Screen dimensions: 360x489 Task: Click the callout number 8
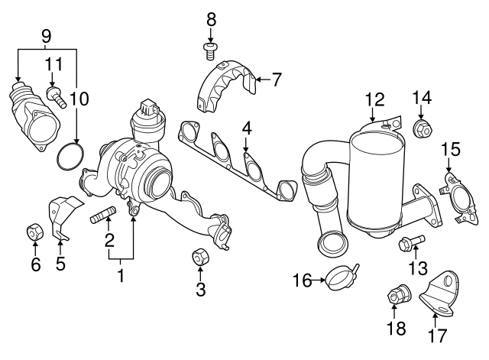212,18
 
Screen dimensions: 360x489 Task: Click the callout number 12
374,99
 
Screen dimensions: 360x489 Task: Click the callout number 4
247,126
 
